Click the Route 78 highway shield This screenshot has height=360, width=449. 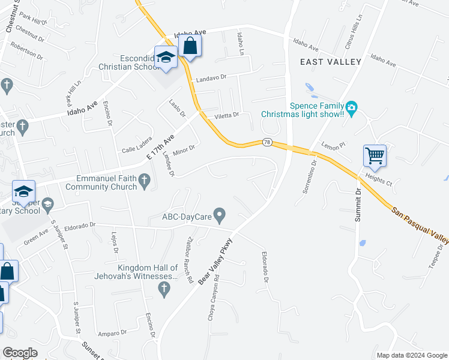coord(266,142)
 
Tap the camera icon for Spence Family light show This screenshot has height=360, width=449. coord(352,109)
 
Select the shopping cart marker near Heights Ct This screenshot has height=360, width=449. coord(375,156)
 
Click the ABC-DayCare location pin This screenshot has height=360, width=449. coord(220,214)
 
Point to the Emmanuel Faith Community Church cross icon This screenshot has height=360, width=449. coord(144,181)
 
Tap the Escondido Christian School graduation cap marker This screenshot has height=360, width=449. coord(165,58)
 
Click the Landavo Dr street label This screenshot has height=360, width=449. coord(210,78)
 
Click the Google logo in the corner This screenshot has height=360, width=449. coord(20,353)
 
